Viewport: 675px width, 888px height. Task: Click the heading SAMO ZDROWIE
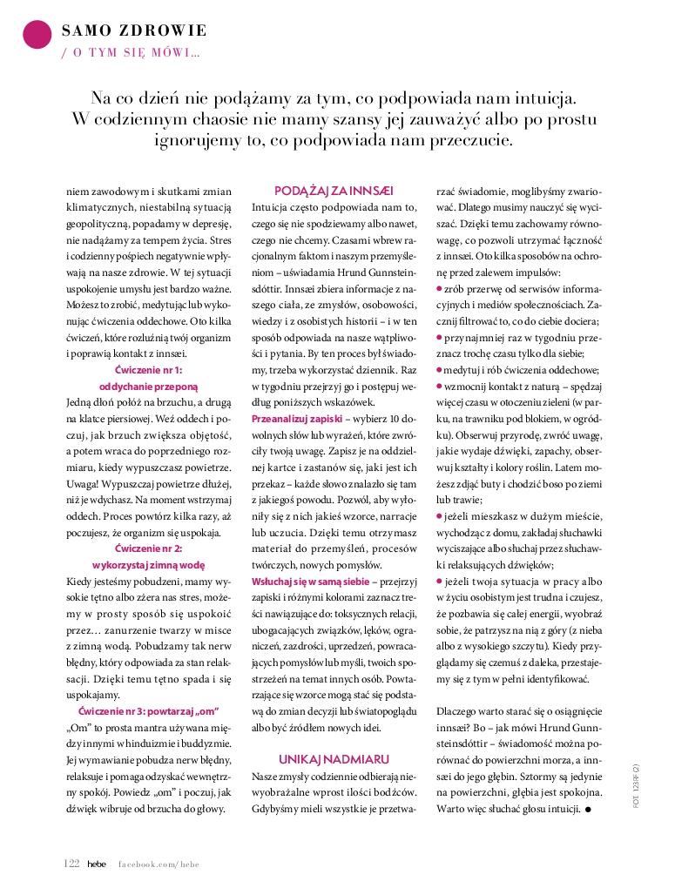[134, 30]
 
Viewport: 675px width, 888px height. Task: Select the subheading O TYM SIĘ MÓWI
[131, 52]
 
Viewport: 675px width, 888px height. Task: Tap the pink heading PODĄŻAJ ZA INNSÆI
[334, 190]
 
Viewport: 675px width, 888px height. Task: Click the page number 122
[72, 863]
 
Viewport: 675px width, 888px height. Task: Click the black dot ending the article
[588, 810]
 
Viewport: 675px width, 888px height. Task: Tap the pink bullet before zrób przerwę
[439, 289]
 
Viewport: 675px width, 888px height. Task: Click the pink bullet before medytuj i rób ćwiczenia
[439, 370]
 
